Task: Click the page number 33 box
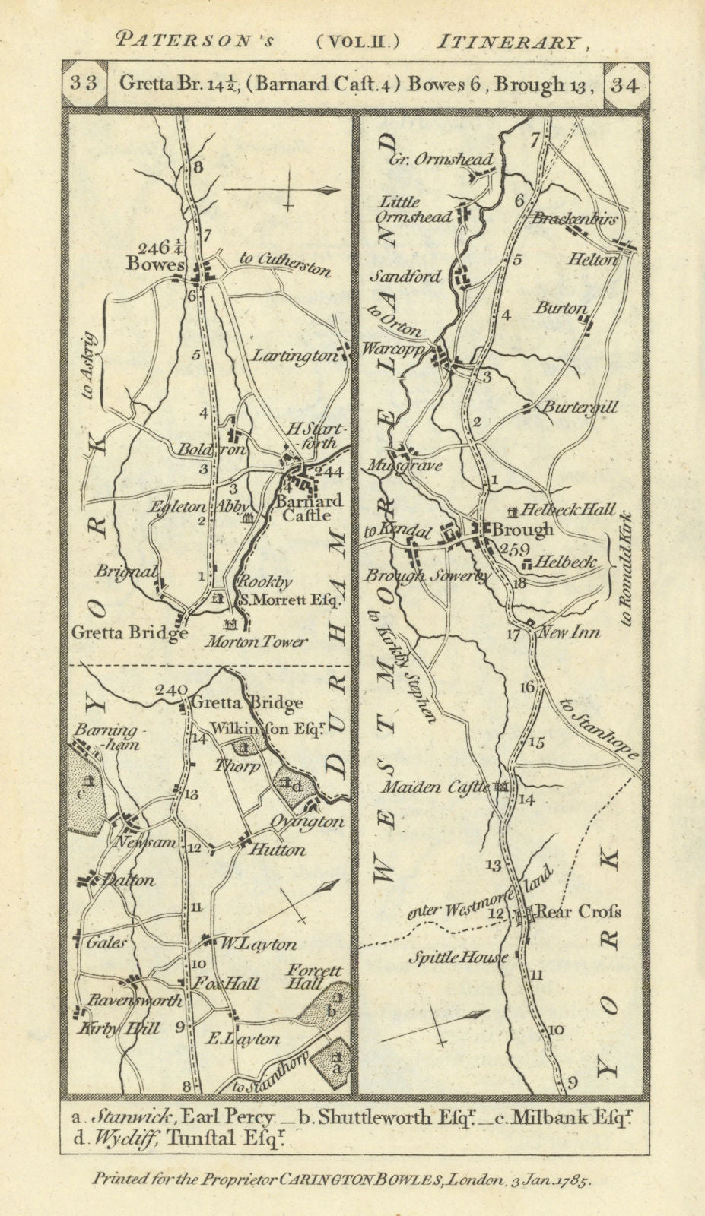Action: [x=84, y=84]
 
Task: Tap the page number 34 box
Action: [x=624, y=84]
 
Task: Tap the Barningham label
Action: [x=106, y=736]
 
